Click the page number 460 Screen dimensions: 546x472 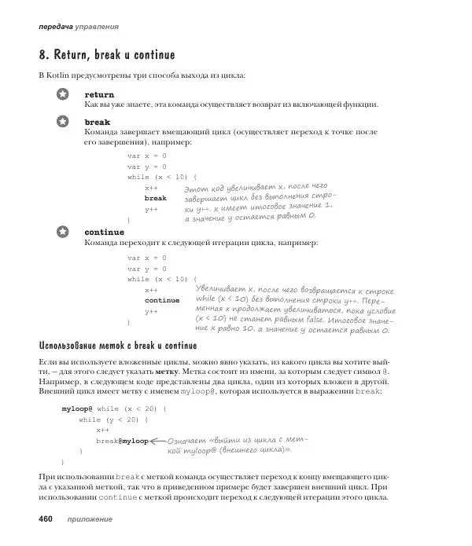(x=40, y=519)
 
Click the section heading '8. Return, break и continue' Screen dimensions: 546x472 (x=106, y=56)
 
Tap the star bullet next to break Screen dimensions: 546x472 (x=64, y=122)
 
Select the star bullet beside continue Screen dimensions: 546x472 (x=64, y=233)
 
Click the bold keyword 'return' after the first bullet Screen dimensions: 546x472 (x=99, y=94)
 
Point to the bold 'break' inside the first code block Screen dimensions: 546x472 (x=155, y=198)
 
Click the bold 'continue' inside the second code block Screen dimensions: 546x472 (x=161, y=300)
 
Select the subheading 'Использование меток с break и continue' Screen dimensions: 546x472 (x=116, y=346)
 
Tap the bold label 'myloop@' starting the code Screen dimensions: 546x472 (x=77, y=409)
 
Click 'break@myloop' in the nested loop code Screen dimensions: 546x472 (x=122, y=441)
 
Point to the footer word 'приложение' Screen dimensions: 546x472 (x=89, y=520)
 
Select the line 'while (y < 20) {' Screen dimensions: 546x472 (x=113, y=420)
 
